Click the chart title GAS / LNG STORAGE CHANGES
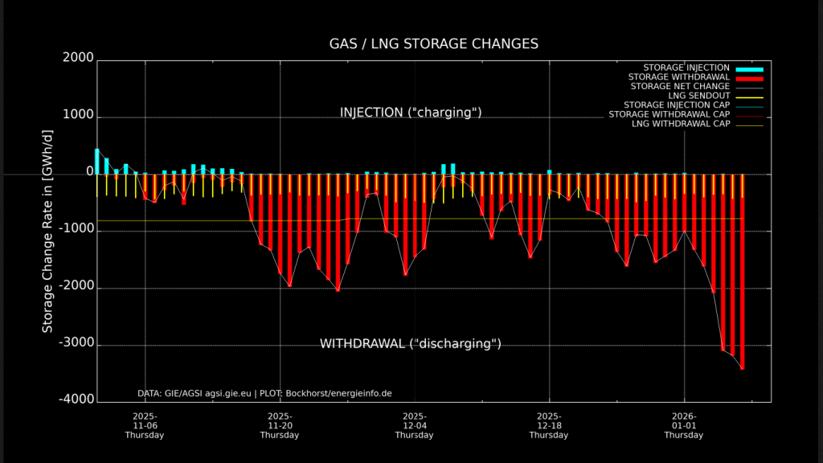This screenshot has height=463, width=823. [433, 43]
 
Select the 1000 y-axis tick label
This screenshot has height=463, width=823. [78, 117]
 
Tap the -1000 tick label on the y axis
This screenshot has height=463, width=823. [76, 231]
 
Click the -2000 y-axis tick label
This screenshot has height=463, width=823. [76, 288]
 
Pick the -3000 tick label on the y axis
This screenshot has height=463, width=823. [76, 345]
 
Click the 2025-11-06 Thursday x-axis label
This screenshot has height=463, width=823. [145, 425]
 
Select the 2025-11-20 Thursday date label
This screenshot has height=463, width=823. [280, 425]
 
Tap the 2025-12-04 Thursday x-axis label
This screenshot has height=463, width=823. [415, 425]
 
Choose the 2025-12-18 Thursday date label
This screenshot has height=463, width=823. [549, 425]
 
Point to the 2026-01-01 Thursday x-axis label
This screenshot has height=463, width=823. [684, 425]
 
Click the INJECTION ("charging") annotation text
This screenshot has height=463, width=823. [411, 113]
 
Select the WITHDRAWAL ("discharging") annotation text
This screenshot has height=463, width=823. [411, 344]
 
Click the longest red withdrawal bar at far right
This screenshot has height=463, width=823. [742, 273]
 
